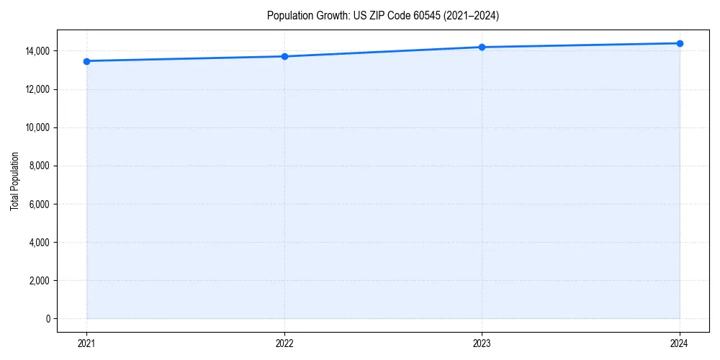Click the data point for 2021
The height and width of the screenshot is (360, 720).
[86, 61]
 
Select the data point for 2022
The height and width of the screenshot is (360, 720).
[284, 56]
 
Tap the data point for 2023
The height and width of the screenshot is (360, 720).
[482, 47]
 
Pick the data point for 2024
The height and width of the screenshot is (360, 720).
[680, 43]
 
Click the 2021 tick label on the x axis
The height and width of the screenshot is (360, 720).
[86, 343]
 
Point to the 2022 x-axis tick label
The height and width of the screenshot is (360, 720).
[284, 343]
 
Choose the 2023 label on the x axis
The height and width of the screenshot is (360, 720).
[482, 343]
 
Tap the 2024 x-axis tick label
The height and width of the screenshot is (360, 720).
[680, 343]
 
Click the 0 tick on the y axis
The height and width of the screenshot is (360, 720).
[48, 319]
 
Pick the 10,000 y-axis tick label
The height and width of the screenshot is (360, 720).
[38, 128]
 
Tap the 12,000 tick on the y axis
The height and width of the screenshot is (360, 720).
[38, 89]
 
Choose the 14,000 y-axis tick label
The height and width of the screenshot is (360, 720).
[38, 51]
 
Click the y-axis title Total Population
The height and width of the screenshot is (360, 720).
[14, 181]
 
